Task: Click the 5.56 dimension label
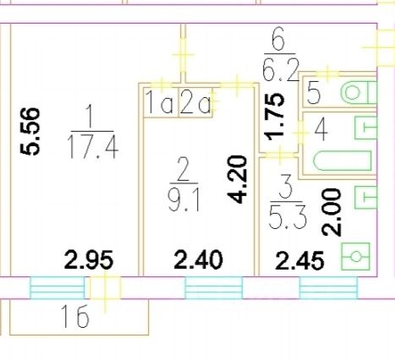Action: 30,131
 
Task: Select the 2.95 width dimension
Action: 89,259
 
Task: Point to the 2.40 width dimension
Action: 198,259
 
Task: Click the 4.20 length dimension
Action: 238,179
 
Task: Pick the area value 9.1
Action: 184,199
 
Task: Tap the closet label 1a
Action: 160,102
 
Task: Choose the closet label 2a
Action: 195,102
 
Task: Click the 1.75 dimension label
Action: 274,117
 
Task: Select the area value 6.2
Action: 280,69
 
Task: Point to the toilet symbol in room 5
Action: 359,92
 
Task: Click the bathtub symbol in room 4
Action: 343,161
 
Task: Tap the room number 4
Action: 321,130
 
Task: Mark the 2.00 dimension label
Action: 332,212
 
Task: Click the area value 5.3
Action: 288,217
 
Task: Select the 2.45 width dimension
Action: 299,260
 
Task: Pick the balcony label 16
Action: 74,317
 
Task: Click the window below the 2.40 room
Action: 213,287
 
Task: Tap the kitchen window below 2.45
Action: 328,287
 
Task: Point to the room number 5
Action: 314,93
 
